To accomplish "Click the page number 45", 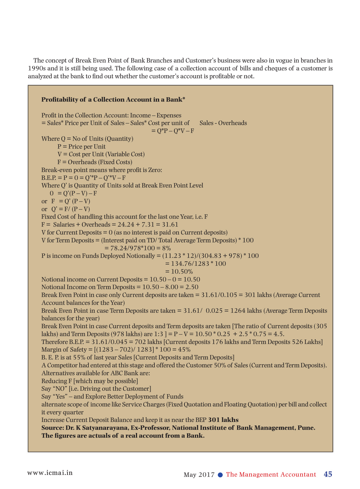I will tap(328, 474).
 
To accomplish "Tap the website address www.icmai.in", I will tap(50, 472).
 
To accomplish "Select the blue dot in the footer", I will tap(221, 475).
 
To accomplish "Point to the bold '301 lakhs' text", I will tap(223, 420).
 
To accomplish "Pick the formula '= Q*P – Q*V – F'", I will tap(173, 131).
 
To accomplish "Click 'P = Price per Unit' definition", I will tap(81, 146).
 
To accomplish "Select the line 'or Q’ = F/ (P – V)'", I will tap(66, 209).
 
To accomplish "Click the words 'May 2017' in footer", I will tap(199, 475).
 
